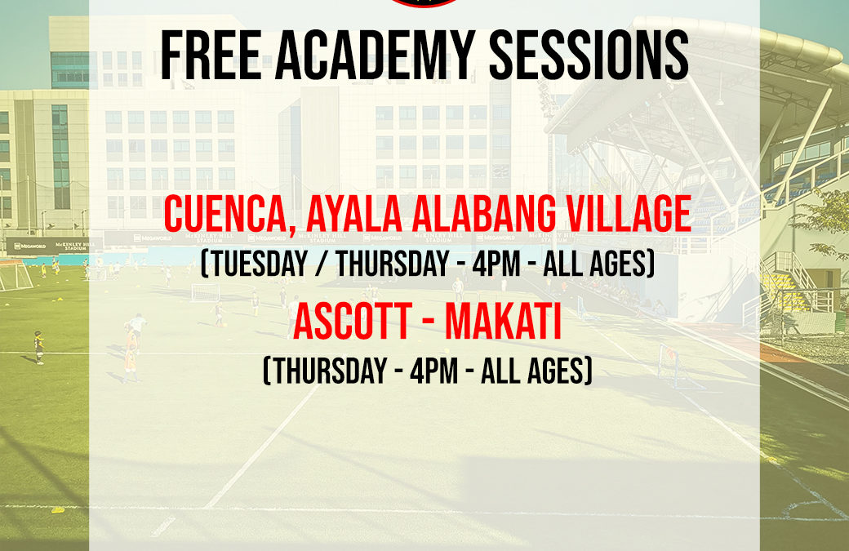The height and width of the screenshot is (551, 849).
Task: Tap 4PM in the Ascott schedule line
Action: click(437, 372)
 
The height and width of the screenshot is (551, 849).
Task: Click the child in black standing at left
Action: click(38, 346)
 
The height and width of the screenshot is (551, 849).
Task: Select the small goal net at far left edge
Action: click(14, 275)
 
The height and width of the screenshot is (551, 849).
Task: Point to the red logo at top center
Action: click(424, 3)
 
